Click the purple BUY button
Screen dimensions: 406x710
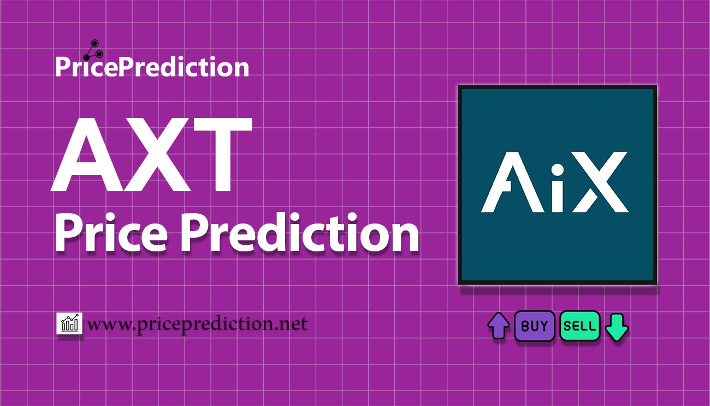[534, 326]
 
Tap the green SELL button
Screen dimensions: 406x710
[579, 326]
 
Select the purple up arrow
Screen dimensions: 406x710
[498, 326]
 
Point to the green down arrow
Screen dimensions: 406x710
[617, 327]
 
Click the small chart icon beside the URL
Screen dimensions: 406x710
[69, 324]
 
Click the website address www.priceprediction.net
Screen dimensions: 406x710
[198, 325]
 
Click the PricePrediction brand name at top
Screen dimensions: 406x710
[152, 67]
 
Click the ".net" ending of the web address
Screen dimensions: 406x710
[293, 325]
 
